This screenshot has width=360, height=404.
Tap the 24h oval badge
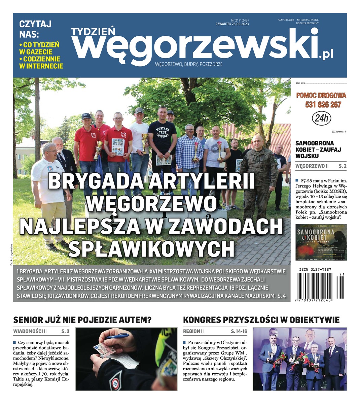tap(322, 118)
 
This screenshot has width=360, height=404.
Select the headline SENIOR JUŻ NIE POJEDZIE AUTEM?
tap(82, 319)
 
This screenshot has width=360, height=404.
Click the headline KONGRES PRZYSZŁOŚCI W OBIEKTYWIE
tap(261, 319)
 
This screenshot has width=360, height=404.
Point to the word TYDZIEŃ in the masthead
tap(93, 31)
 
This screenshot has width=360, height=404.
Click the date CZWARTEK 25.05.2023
tap(232, 24)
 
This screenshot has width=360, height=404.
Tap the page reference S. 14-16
tap(239, 331)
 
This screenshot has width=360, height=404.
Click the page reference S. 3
tap(65, 331)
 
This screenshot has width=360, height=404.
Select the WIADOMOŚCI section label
tap(28, 331)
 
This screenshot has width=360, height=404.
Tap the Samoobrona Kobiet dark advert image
tap(321, 242)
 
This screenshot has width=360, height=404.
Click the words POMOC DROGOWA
tap(321, 96)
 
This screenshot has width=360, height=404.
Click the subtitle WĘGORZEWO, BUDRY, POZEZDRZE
tap(188, 64)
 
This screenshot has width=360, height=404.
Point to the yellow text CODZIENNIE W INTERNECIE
tap(41, 63)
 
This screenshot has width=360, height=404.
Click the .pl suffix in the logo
tap(326, 54)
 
